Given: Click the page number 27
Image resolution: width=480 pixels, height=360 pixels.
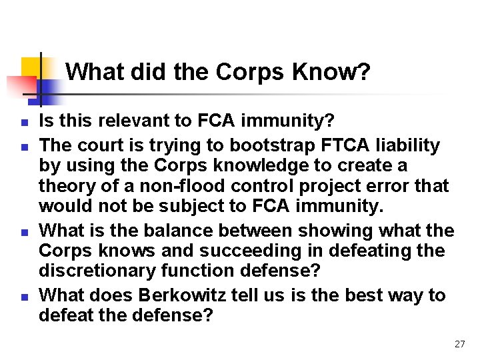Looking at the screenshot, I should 459,344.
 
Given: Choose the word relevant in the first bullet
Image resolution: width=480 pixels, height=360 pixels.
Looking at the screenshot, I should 137,121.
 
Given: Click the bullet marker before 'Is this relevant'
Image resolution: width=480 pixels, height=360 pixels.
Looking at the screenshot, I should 23,123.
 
